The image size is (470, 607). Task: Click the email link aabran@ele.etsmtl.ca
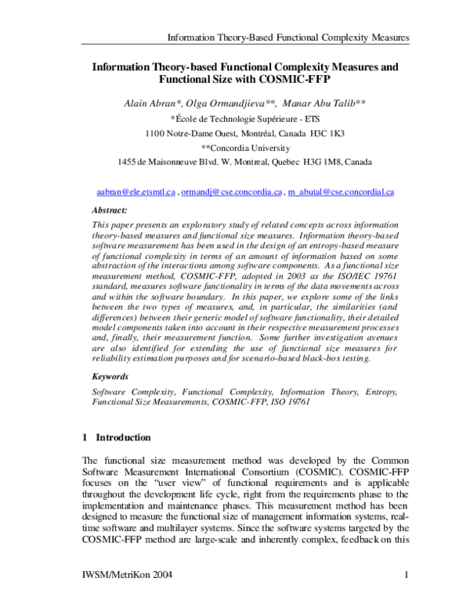click(x=136, y=191)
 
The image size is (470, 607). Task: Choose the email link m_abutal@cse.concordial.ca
click(x=341, y=191)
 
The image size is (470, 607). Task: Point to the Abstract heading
click(x=110, y=211)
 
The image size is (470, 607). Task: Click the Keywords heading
click(x=112, y=376)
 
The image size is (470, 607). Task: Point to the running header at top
click(x=289, y=38)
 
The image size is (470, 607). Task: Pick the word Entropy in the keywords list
click(x=381, y=390)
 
